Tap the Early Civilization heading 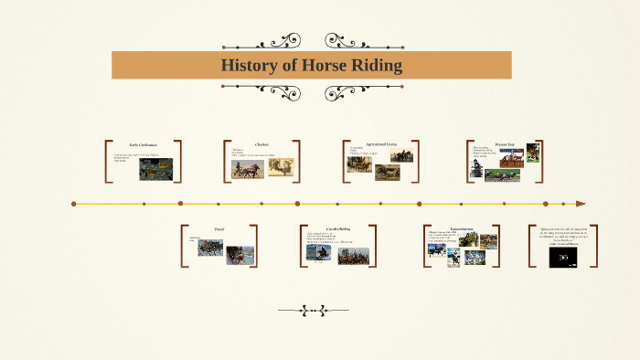click(143, 145)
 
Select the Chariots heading click(261, 144)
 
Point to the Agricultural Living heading click(381, 144)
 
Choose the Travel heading click(219, 228)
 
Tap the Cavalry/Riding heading click(338, 228)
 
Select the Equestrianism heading click(462, 228)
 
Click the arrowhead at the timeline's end click(580, 204)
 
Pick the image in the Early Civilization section click(155, 169)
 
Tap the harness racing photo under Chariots click(246, 169)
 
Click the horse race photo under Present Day click(502, 175)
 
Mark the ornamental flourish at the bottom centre click(314, 311)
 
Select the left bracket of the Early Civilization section click(107, 162)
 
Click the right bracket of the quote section click(595, 246)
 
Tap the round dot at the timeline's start click(74, 204)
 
